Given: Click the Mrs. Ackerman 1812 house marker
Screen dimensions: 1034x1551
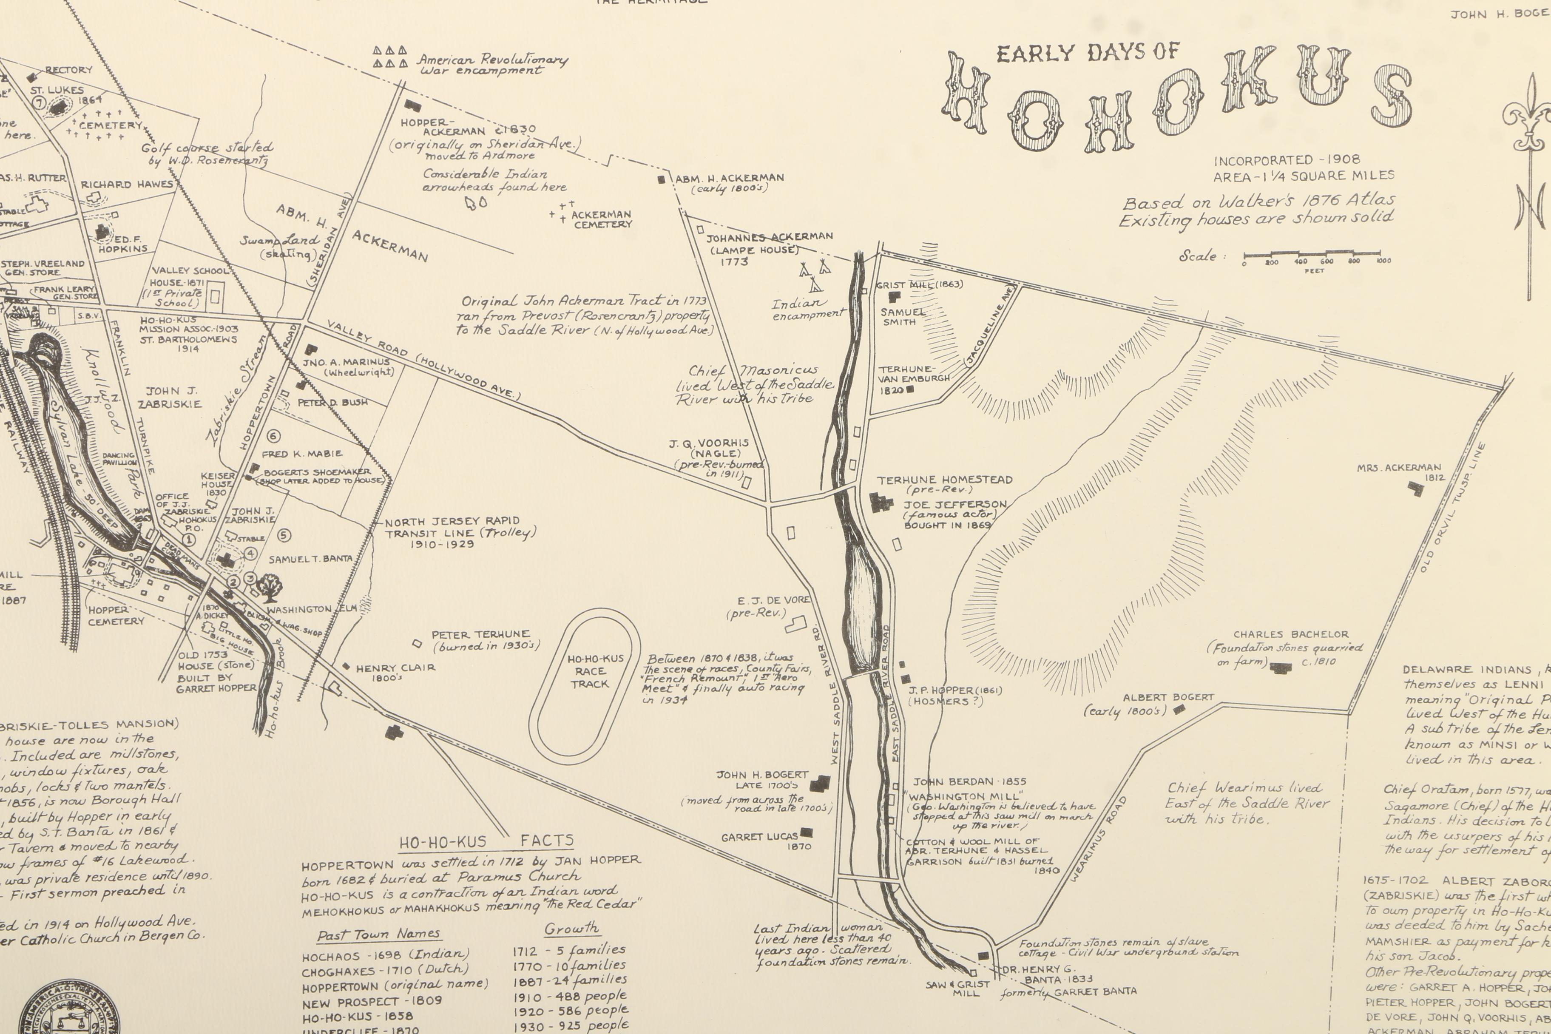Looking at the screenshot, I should coord(1415,488).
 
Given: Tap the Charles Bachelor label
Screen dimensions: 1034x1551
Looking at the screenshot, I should coord(1290,634).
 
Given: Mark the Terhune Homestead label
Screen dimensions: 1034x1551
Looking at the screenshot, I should coord(944,480).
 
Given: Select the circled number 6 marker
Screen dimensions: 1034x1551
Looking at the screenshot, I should coord(274,436).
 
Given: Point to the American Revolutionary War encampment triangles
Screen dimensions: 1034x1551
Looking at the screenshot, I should coord(390,57).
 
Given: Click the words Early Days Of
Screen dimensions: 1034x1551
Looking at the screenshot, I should coord(1088,52).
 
